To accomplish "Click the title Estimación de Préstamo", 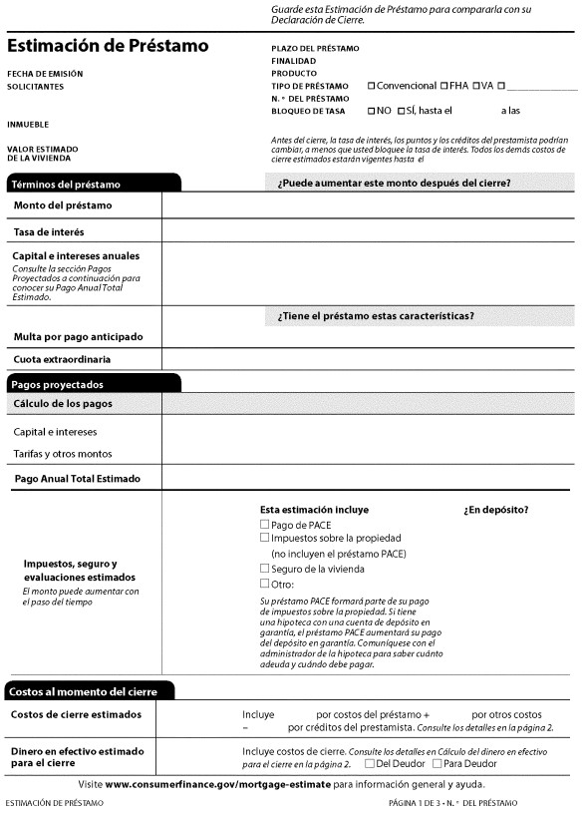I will coord(108,46).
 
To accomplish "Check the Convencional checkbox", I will coord(372,86).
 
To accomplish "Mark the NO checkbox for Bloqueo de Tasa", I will coord(372,111).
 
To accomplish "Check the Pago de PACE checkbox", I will coord(264,525).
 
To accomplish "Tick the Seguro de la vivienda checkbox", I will coord(264,569).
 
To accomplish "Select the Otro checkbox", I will coord(264,584).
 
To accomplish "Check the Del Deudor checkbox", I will coord(370,764).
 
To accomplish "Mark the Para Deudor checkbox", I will coord(437,764).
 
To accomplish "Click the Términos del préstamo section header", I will coord(66,185).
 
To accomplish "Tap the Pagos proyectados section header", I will coord(58,384).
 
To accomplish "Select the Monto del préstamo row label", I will coord(62,205).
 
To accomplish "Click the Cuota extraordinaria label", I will coord(62,359).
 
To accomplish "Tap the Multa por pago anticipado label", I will coord(78,336).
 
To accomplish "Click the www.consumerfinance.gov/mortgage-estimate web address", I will coord(217,785).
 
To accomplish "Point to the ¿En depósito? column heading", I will coord(496,509).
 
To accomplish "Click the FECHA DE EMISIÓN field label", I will coord(45,74).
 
